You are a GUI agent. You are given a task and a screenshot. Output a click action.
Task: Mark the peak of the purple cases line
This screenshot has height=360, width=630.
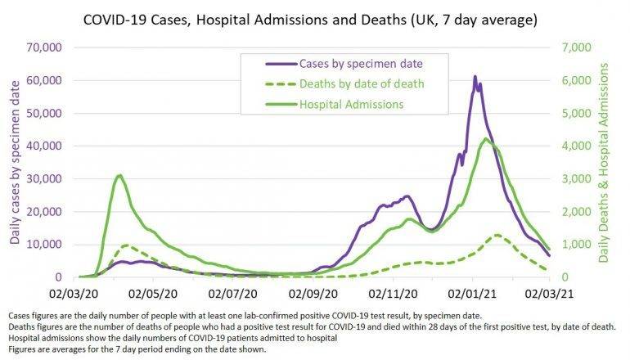tap(475, 77)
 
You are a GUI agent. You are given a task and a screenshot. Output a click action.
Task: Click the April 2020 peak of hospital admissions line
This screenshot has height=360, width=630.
tap(119, 175)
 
